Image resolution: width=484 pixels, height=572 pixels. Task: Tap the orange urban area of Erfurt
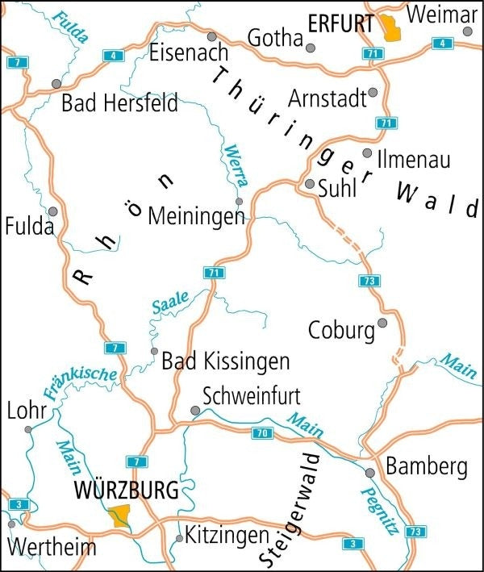coord(391,29)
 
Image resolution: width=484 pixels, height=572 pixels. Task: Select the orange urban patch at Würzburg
coord(120,516)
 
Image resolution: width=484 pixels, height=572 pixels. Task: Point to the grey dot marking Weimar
coord(467,31)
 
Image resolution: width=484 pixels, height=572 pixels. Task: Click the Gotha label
coord(274,38)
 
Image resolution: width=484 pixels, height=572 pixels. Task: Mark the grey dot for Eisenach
coord(211,36)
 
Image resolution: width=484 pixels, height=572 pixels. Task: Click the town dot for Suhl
coord(310,184)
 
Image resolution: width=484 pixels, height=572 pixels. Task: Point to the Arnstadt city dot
coord(372,93)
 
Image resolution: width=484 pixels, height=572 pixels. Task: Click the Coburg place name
coord(342,331)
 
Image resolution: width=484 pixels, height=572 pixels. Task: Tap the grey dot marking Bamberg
coord(369,473)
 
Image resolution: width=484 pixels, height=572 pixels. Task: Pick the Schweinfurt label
coord(252,396)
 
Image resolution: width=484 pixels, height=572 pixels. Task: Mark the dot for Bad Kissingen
coord(154,351)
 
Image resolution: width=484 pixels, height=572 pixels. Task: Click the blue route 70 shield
coord(260,433)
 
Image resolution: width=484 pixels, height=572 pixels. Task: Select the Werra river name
coord(236,165)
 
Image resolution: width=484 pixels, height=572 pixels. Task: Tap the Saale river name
coord(169,303)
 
